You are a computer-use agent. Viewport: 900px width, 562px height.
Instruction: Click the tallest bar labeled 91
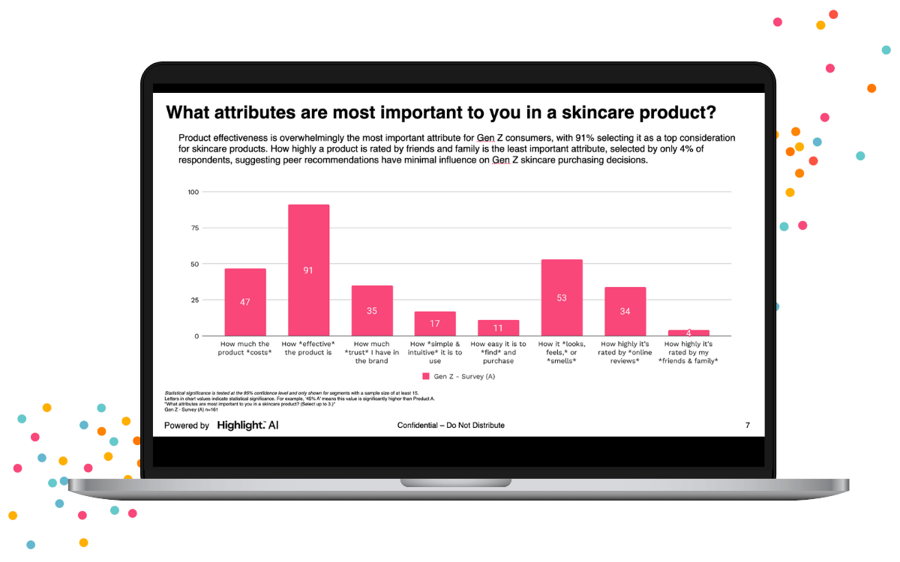pyautogui.click(x=308, y=270)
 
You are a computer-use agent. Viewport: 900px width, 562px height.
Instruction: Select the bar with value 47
pyautogui.click(x=245, y=302)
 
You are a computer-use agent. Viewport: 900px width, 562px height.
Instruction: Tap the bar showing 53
pyautogui.click(x=562, y=297)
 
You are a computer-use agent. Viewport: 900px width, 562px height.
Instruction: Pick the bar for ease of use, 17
pyautogui.click(x=435, y=324)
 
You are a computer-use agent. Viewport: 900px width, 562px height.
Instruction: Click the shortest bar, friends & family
pyautogui.click(x=688, y=333)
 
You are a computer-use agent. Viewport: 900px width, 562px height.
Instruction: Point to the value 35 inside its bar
pyautogui.click(x=372, y=310)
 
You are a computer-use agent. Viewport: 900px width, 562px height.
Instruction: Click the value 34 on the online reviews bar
pyautogui.click(x=625, y=312)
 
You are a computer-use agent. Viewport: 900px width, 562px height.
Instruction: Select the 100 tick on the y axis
pyautogui.click(x=193, y=192)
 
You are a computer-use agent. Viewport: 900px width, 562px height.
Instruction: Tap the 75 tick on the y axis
pyautogui.click(x=194, y=228)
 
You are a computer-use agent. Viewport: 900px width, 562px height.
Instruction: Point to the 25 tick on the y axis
pyautogui.click(x=194, y=300)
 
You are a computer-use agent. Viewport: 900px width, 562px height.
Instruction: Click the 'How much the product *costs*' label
pyautogui.click(x=245, y=348)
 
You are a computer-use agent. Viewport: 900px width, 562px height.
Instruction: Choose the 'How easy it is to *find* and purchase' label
pyautogui.click(x=498, y=352)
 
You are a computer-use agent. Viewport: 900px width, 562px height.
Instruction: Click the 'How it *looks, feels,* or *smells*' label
pyautogui.click(x=562, y=352)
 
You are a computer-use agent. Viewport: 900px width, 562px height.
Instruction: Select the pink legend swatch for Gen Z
pyautogui.click(x=426, y=376)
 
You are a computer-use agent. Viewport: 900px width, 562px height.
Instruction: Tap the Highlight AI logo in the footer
pyautogui.click(x=247, y=426)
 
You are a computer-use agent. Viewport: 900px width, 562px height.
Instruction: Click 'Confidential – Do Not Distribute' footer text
pyautogui.click(x=451, y=426)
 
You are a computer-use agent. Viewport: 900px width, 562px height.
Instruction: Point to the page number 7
pyautogui.click(x=747, y=426)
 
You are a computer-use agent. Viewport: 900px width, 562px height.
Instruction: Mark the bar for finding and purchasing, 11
pyautogui.click(x=498, y=327)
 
